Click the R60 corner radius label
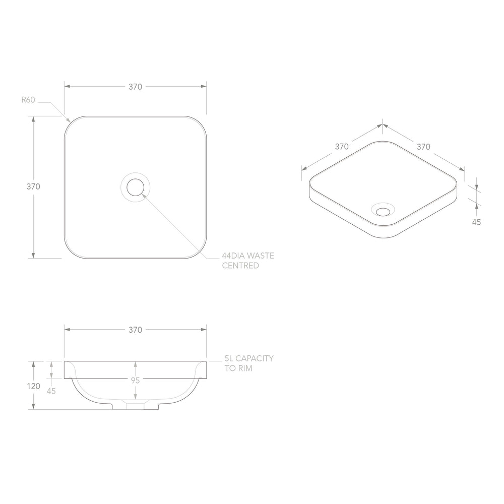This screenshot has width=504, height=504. pos(28,100)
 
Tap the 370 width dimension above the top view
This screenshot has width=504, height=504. pos(135,87)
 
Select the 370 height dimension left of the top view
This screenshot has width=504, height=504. pos(33,186)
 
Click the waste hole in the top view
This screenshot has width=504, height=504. pos(135,187)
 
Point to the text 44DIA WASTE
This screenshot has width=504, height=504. pos(248,256)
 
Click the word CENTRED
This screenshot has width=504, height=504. pos(240,266)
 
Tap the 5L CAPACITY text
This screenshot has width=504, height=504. pos(249,358)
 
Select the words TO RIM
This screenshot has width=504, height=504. pos(238,368)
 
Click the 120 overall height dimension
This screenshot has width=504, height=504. pos(34,386)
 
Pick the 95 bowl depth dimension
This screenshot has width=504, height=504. pos(135,381)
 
